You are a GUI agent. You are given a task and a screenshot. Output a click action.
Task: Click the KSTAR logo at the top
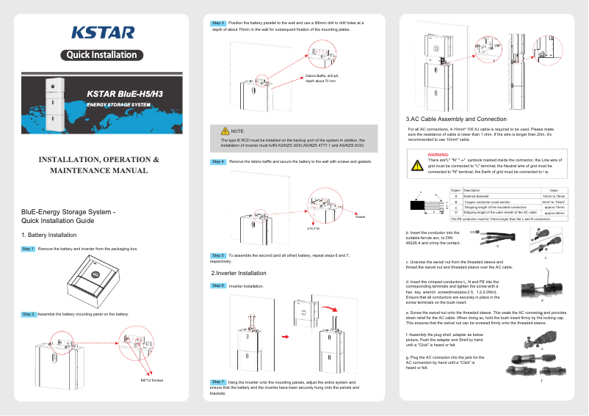coord(102,32)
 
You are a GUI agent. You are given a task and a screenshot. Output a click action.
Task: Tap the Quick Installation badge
coord(102,55)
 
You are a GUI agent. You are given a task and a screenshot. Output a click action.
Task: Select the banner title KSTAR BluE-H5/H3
coord(125,94)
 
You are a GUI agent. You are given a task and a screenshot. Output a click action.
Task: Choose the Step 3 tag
coord(218,23)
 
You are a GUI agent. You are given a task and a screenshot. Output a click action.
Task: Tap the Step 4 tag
coord(218,161)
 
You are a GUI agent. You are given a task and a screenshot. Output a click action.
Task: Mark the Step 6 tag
coord(218,285)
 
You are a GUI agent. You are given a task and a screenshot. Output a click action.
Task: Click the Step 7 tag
coord(218,382)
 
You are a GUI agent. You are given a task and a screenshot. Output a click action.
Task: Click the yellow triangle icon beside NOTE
coord(224,130)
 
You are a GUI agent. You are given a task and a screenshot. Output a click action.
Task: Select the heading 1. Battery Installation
coord(51,235)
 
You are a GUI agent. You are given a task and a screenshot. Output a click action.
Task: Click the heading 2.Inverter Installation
coord(238,273)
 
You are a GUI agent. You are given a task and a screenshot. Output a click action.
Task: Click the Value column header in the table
coord(554,191)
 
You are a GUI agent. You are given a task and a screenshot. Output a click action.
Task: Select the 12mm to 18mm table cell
coord(554,197)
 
